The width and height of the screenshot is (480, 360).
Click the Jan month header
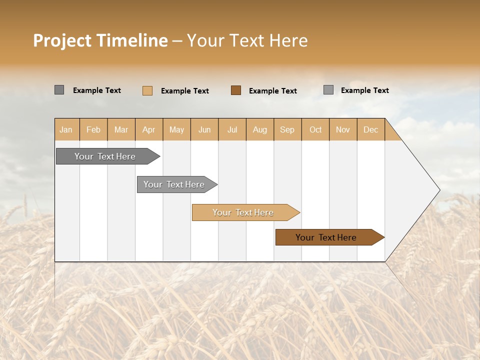(x=66, y=129)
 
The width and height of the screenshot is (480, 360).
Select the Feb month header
(x=93, y=129)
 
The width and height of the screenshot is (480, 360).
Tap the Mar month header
(x=121, y=129)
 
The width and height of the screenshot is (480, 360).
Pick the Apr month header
(x=149, y=129)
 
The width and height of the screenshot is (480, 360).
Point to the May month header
(x=176, y=129)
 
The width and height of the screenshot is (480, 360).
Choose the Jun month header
(x=204, y=129)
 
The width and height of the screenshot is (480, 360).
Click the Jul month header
(x=232, y=129)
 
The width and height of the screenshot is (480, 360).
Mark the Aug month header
(x=260, y=129)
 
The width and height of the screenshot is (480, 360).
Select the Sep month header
(x=287, y=129)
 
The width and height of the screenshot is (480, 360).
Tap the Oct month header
(x=315, y=129)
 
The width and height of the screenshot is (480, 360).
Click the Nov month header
(x=343, y=129)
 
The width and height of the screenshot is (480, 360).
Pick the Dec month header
(x=371, y=129)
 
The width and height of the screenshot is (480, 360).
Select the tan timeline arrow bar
(x=243, y=212)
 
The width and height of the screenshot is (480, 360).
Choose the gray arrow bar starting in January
(x=105, y=156)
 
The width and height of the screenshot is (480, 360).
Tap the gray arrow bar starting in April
(x=174, y=184)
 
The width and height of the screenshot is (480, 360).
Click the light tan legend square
(x=147, y=90)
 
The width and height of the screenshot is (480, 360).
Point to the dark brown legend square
(x=236, y=90)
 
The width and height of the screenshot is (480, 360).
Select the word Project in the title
(x=61, y=40)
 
